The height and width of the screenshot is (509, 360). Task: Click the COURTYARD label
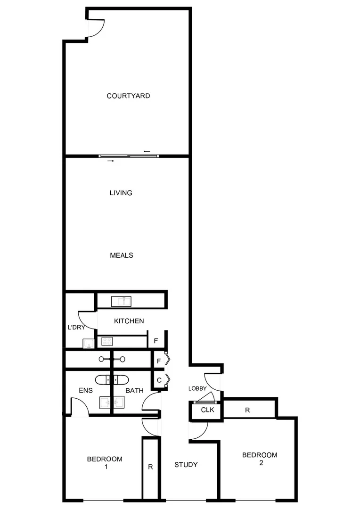(x=128, y=96)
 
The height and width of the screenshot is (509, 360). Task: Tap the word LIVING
(x=121, y=193)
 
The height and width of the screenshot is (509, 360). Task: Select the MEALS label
(x=121, y=255)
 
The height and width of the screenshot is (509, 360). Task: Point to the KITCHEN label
(x=129, y=321)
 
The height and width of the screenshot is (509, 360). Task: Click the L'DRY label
(x=75, y=327)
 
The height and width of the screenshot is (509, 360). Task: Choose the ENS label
(x=85, y=391)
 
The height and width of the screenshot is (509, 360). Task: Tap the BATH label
(x=134, y=391)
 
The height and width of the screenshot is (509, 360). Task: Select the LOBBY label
(x=197, y=388)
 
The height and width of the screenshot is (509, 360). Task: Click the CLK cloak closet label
(x=207, y=410)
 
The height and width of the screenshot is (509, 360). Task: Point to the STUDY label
(x=186, y=465)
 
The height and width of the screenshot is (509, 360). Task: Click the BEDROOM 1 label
(x=105, y=462)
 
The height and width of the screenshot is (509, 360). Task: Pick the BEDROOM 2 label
(x=260, y=459)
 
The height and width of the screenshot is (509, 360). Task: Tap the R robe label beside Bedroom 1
(x=150, y=467)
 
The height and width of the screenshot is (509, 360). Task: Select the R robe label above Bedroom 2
(x=247, y=410)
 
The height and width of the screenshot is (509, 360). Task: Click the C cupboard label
(x=159, y=380)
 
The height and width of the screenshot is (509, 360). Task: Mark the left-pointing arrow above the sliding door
(x=147, y=151)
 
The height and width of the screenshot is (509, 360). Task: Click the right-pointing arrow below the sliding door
(x=111, y=161)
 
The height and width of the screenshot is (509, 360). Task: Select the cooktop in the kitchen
(x=107, y=342)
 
